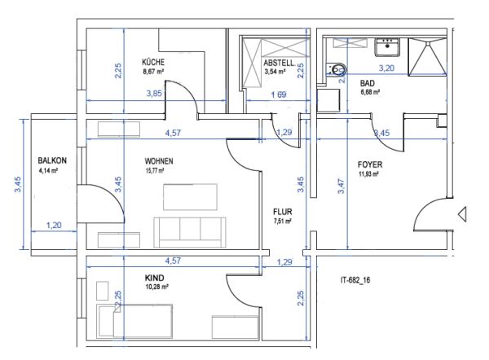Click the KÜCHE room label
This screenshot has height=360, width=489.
tap(153, 62)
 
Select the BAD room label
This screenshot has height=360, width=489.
tap(367, 82)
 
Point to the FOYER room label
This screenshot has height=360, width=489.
tap(371, 164)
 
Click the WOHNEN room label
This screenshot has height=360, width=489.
tap(160, 160)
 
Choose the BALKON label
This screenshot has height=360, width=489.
tap(52, 160)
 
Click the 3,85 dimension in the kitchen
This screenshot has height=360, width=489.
tap(154, 94)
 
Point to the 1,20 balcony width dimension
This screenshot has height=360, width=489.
tap(54, 225)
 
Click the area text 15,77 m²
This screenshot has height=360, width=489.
tap(154, 171)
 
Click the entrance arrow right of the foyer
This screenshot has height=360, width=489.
tap(461, 214)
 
